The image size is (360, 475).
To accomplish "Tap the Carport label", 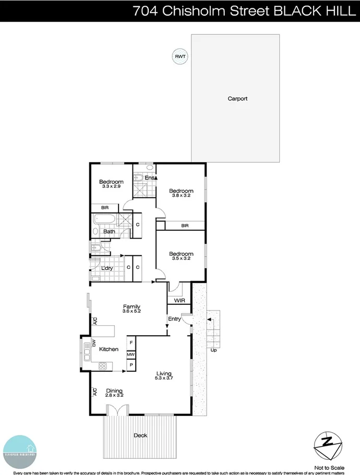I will coord(237,99).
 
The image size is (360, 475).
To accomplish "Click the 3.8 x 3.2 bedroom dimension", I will coord(181,196).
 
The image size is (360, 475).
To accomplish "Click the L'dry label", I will coord(107,268).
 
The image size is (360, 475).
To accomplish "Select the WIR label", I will coord(178,300).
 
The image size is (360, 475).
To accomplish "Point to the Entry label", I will coord(174,319).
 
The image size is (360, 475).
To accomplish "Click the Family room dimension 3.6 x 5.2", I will coord(132,312).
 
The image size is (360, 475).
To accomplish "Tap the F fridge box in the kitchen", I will coord(131,343).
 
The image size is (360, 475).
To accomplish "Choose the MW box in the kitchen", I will coord(131,355).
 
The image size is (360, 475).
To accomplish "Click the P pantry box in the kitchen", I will coord(131,365).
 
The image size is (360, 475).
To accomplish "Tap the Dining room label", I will coord(114,390).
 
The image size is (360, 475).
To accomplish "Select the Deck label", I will coord(140,435).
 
